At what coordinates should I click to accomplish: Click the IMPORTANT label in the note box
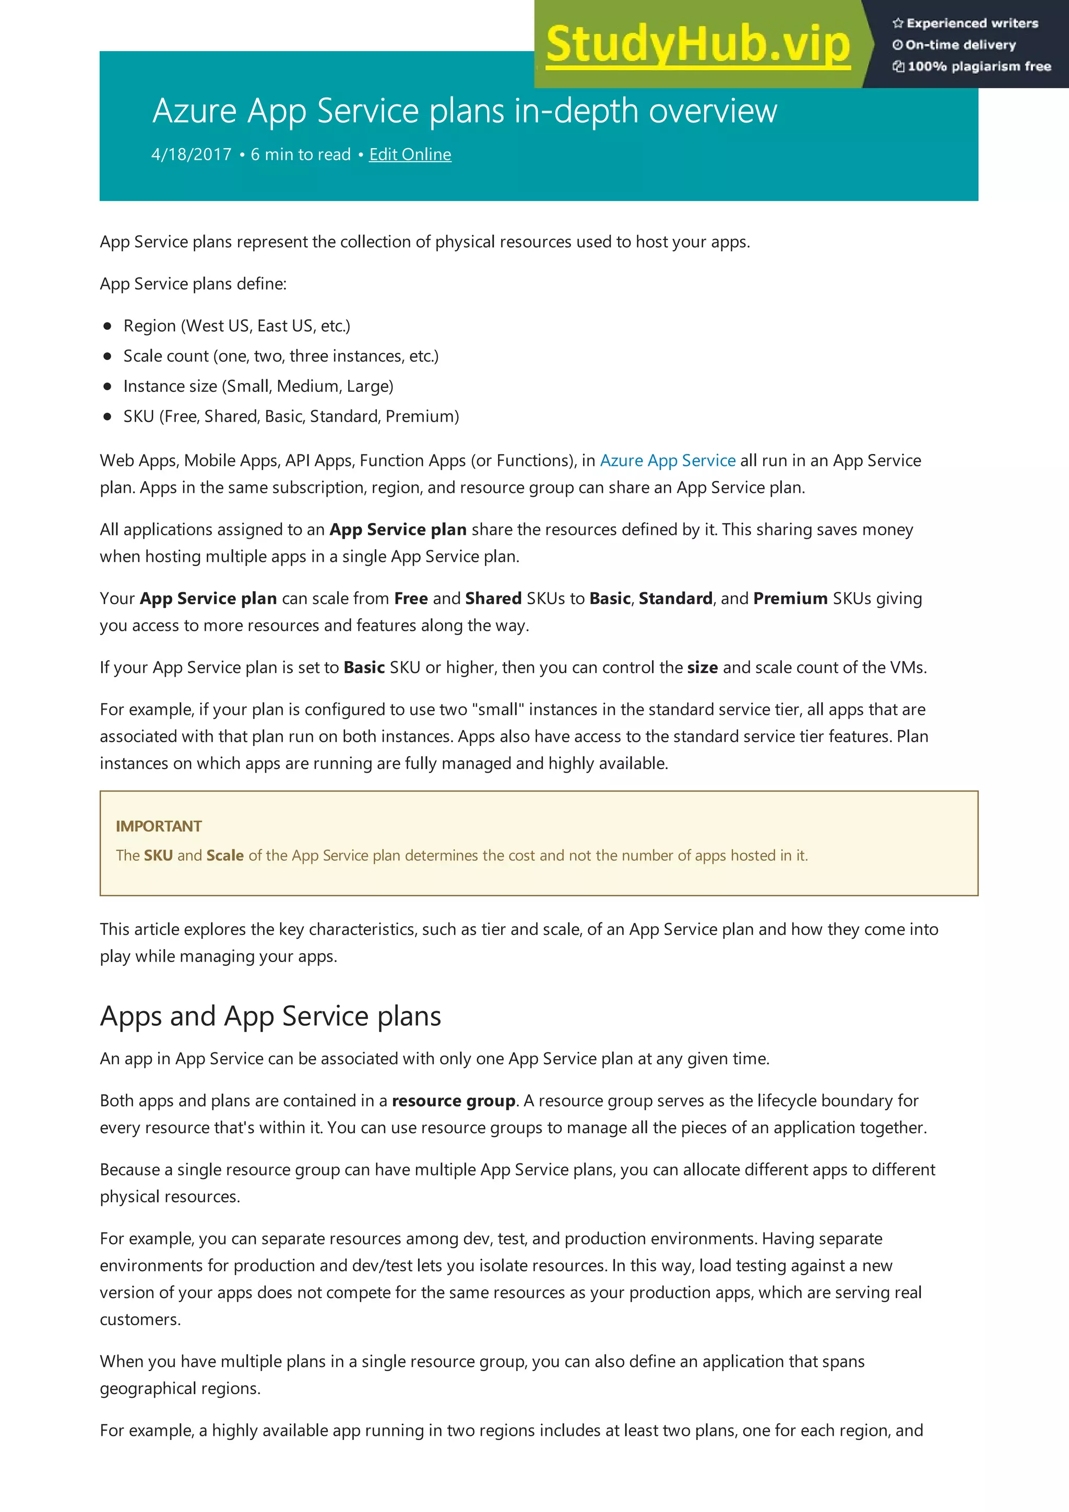click(x=159, y=826)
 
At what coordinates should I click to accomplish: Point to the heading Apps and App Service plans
click(x=270, y=1016)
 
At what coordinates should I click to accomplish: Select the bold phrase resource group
click(x=453, y=1101)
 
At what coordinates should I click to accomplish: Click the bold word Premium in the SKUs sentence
click(x=790, y=598)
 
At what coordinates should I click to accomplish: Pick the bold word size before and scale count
click(x=702, y=668)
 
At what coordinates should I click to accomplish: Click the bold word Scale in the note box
click(x=224, y=856)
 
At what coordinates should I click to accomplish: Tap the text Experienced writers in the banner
click(x=971, y=23)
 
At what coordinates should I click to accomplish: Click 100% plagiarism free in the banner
click(x=978, y=66)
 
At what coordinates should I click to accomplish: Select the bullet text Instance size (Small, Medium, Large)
click(x=258, y=386)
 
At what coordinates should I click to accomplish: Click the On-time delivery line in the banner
click(x=960, y=45)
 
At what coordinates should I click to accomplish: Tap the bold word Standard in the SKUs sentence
click(x=675, y=598)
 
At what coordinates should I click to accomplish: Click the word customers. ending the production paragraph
click(x=140, y=1319)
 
